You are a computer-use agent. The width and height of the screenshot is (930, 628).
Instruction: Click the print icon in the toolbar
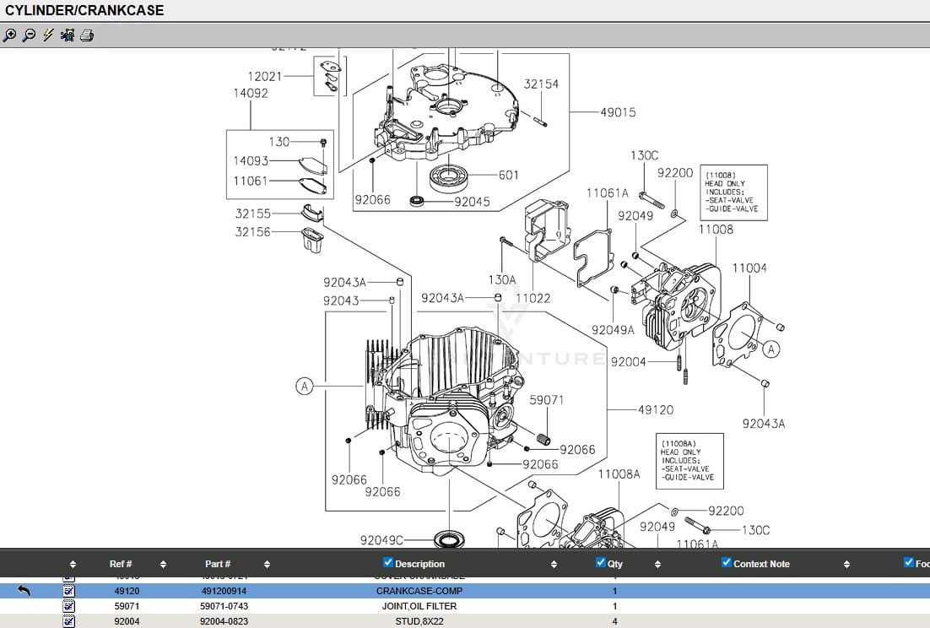(x=87, y=35)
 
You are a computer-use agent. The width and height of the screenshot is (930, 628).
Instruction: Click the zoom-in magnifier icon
(x=9, y=35)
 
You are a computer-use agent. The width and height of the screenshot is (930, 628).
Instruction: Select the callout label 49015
(x=618, y=112)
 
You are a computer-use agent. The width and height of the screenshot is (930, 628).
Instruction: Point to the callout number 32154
(x=541, y=84)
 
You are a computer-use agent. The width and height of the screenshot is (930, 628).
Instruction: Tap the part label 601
(x=509, y=176)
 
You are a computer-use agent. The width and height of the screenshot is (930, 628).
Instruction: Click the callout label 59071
(x=546, y=400)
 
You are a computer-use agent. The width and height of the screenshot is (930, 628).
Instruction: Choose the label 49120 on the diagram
(x=655, y=410)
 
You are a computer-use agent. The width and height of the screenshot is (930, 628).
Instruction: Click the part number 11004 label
(x=749, y=268)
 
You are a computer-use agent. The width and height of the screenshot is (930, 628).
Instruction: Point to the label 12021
(x=264, y=76)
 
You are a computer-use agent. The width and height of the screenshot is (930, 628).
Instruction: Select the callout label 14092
(x=251, y=94)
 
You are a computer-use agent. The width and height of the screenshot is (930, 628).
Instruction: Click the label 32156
(x=252, y=232)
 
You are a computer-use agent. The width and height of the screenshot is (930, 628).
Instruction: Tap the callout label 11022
(x=533, y=298)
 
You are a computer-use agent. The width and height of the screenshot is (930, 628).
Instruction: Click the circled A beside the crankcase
(x=305, y=386)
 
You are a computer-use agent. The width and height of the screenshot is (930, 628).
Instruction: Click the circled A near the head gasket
(x=770, y=348)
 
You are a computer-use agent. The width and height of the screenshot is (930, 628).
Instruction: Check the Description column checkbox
(x=388, y=563)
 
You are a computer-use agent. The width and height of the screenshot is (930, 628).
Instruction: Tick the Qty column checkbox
(x=601, y=563)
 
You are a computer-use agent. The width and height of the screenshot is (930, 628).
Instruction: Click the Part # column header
(x=218, y=564)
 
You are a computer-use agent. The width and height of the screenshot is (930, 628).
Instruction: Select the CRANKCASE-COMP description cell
(x=419, y=591)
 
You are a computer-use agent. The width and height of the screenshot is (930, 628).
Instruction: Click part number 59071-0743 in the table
(x=224, y=606)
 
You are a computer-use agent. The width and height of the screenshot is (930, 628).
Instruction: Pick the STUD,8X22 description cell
(x=419, y=621)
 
